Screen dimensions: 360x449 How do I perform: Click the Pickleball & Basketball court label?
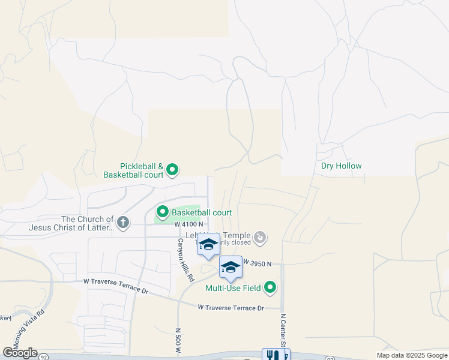click(142, 170)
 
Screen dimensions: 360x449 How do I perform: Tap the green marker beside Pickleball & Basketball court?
click(172, 170)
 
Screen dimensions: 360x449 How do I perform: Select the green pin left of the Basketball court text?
click(163, 212)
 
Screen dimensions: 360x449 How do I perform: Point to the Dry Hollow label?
click(342, 166)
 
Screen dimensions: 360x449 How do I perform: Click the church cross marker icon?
click(123, 223)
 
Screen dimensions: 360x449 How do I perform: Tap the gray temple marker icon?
click(260, 238)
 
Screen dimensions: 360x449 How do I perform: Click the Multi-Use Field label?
click(233, 288)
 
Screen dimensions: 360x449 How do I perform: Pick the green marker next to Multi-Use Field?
click(270, 288)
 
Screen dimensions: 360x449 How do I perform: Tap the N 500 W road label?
click(178, 340)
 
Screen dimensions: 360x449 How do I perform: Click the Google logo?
click(20, 353)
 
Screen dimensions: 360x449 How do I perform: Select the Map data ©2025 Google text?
click(411, 355)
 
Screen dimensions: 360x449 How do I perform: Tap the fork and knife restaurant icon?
click(269, 355)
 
